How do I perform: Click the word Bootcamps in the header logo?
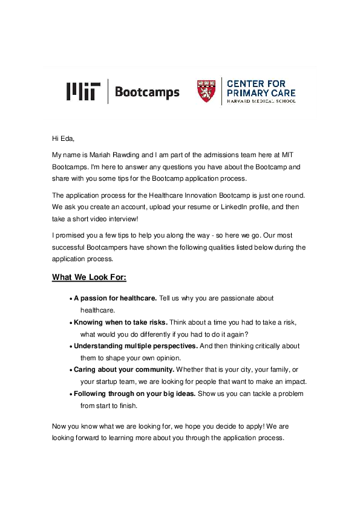(147, 92)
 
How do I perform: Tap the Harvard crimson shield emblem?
(206, 91)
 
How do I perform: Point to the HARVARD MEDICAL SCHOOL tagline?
(261, 102)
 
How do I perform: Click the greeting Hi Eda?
(62, 138)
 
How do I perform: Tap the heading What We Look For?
(89, 277)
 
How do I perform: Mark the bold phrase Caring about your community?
(124, 369)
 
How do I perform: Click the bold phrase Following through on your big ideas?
(134, 394)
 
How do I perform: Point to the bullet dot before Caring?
(71, 370)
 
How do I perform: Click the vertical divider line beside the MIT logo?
(108, 91)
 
